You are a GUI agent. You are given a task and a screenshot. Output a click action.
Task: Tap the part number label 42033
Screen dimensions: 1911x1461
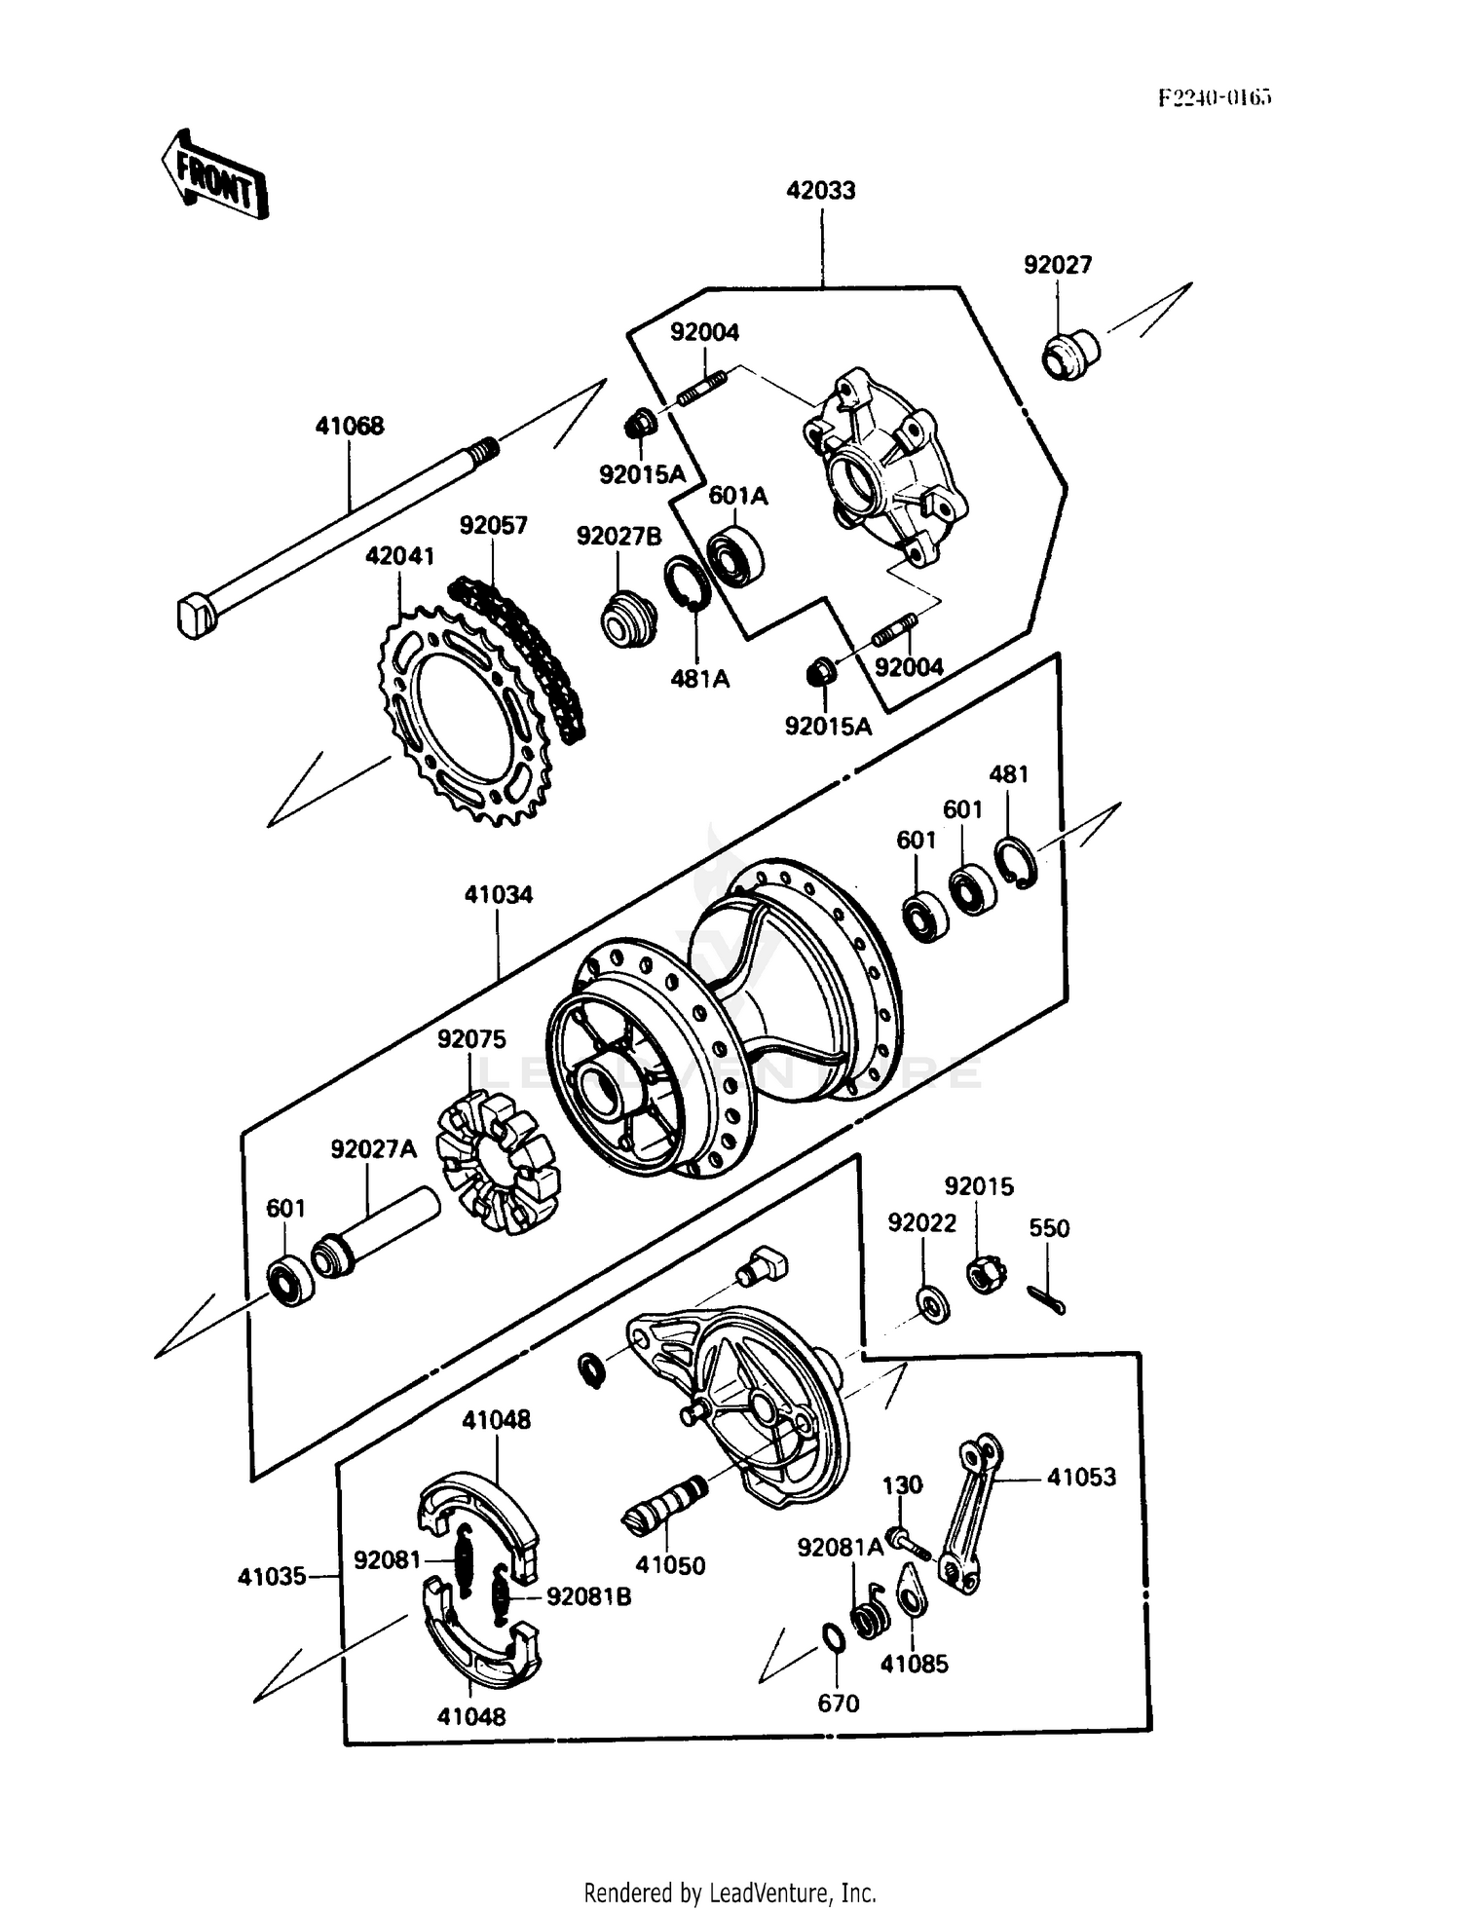pyautogui.click(x=821, y=190)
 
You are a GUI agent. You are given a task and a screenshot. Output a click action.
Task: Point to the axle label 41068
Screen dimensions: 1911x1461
pyautogui.click(x=349, y=426)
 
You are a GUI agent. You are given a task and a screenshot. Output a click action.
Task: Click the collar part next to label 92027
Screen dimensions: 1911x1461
pyautogui.click(x=1070, y=356)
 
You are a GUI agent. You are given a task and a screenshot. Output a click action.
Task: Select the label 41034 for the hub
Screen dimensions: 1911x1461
pyautogui.click(x=498, y=894)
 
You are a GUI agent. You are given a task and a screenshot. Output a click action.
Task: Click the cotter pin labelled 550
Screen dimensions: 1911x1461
pyautogui.click(x=1046, y=1298)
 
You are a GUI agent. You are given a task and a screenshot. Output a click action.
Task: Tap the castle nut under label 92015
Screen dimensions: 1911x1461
pyautogui.click(x=986, y=1273)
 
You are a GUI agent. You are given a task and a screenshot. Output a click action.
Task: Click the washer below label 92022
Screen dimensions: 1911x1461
pyautogui.click(x=933, y=1302)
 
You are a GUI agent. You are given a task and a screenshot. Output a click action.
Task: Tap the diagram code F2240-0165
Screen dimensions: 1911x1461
pyautogui.click(x=1215, y=97)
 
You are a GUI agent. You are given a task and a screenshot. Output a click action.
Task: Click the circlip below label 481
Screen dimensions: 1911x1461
pyautogui.click(x=1015, y=862)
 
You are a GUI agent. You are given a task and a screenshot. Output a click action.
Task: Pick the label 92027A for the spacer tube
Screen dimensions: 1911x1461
pyautogui.click(x=373, y=1149)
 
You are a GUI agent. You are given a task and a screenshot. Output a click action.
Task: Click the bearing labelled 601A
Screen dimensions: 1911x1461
pyautogui.click(x=735, y=557)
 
